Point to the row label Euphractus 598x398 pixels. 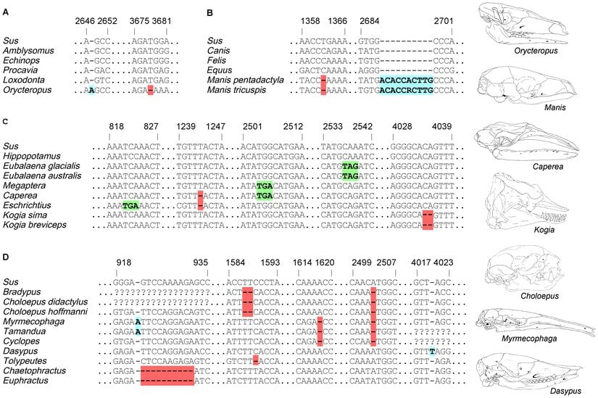pyautogui.click(x=26, y=379)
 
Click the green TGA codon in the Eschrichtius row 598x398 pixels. pyautogui.click(x=130, y=206)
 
